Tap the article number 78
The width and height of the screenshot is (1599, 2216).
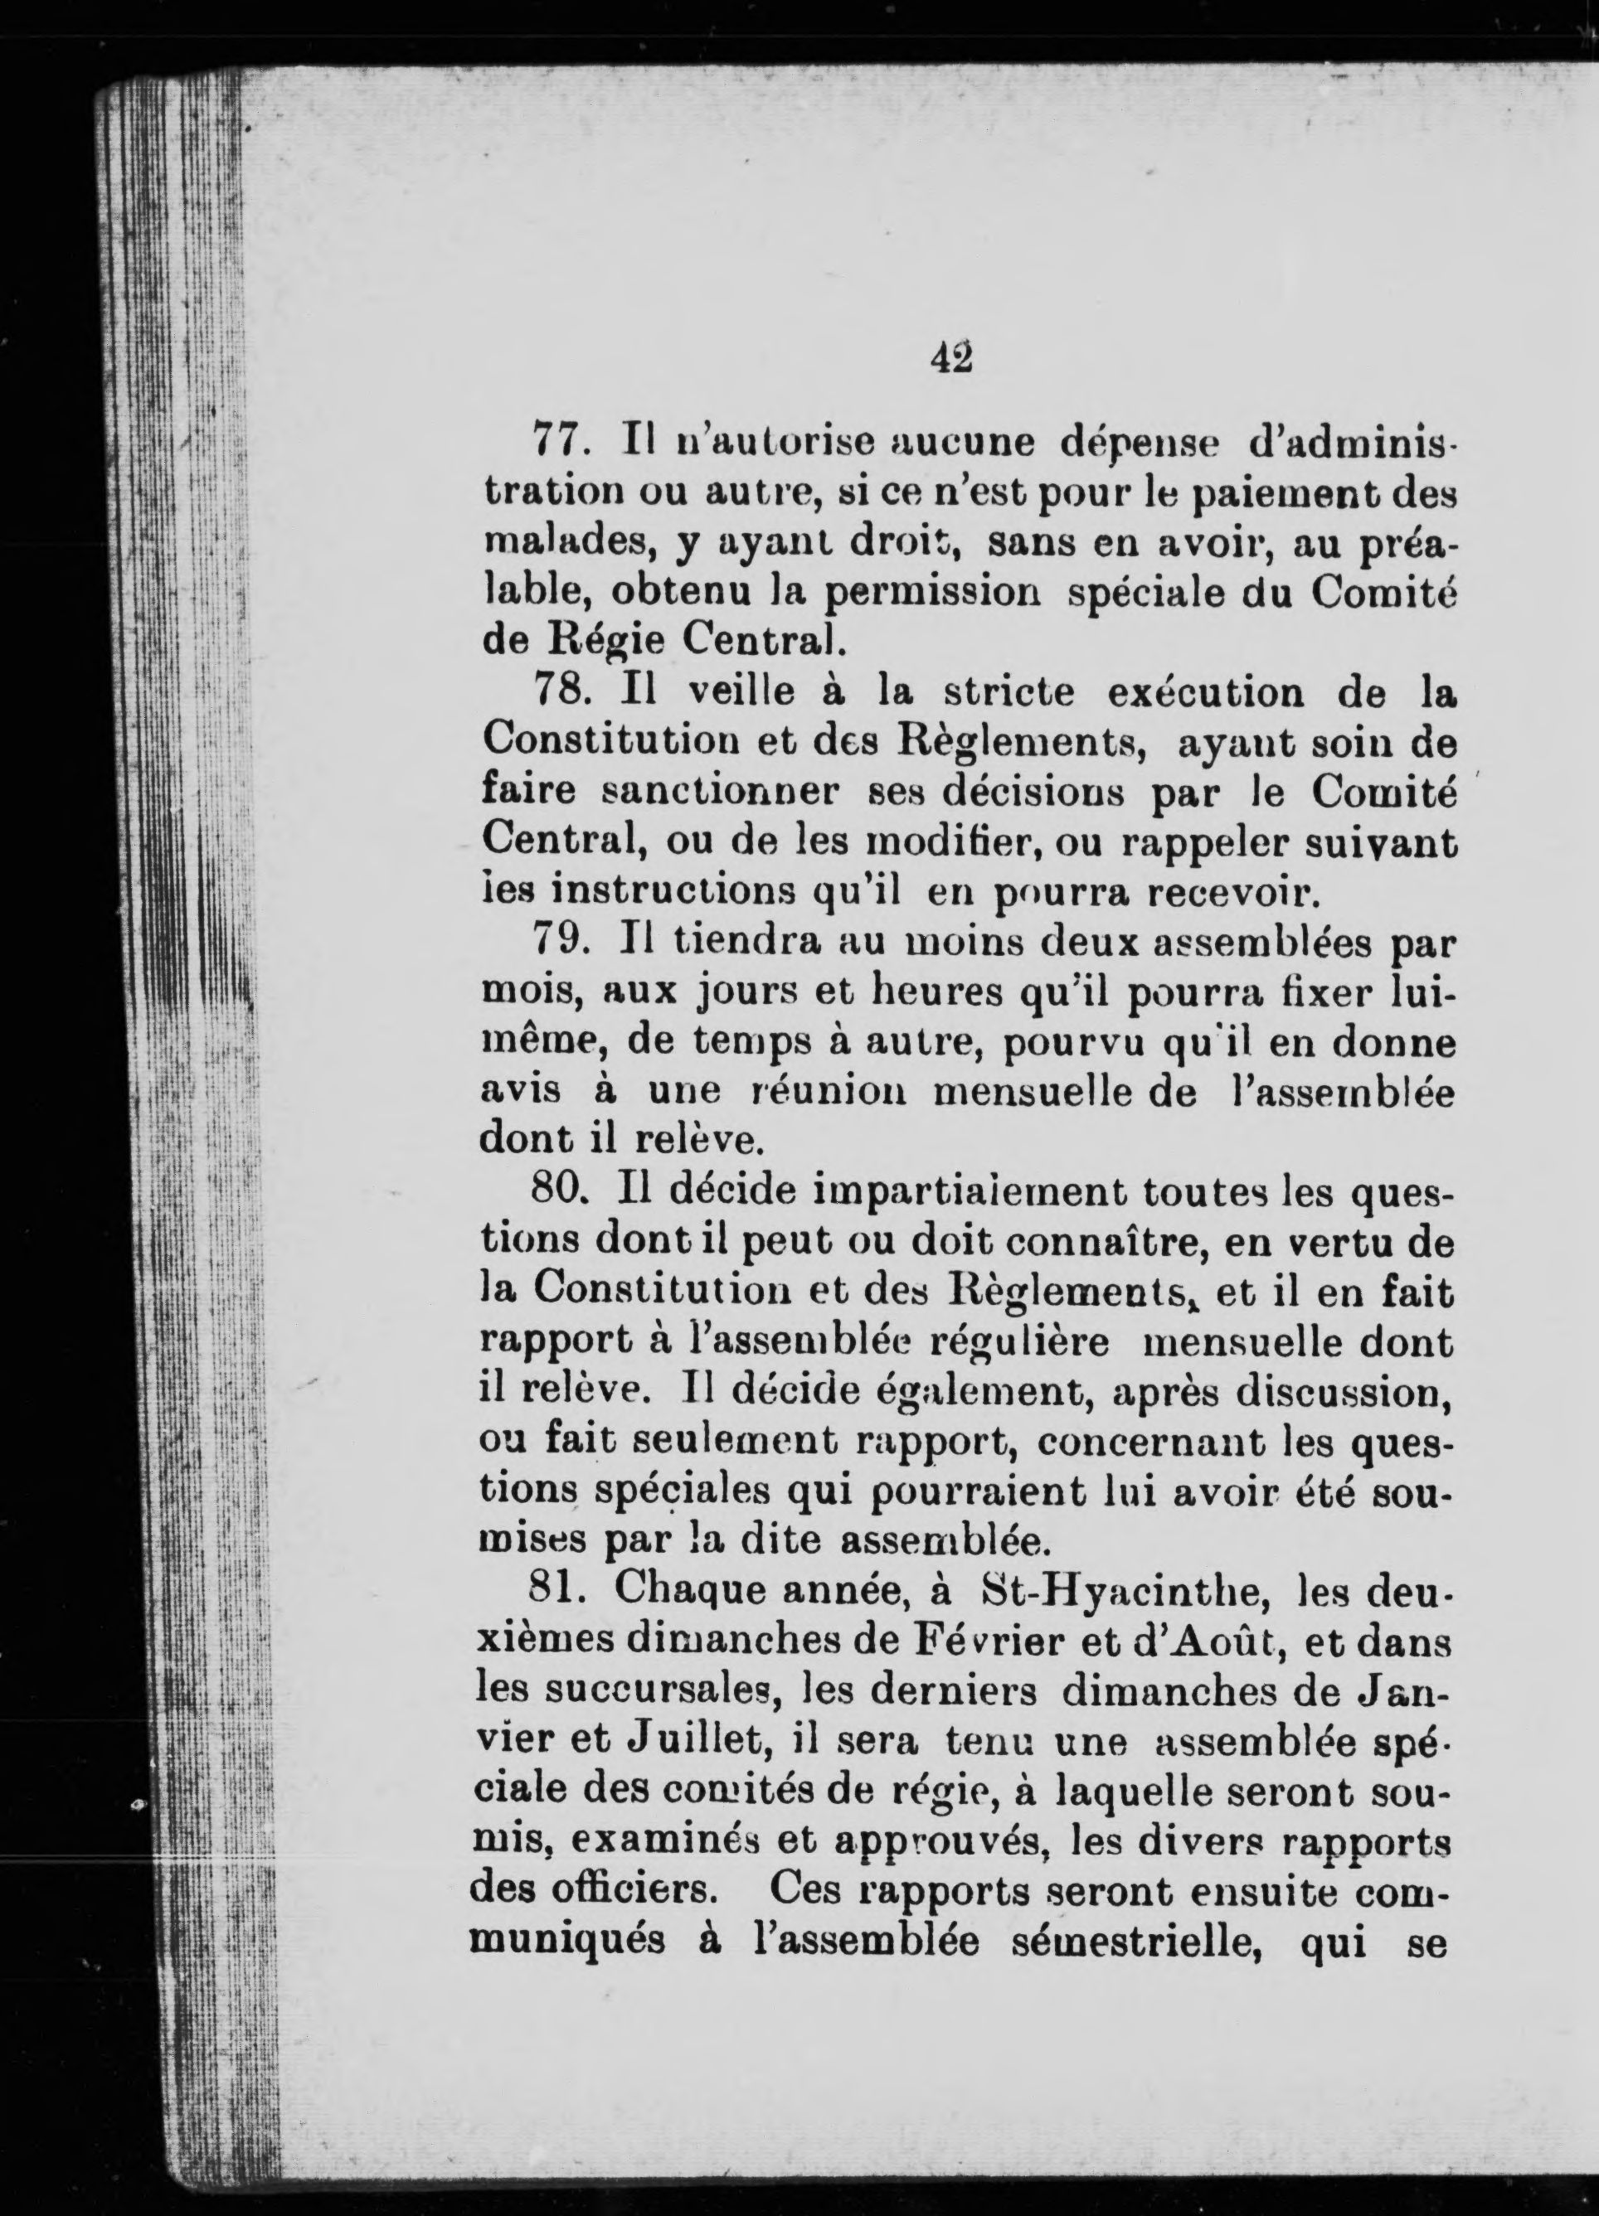point(561,693)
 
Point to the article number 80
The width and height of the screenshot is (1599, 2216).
point(559,1193)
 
